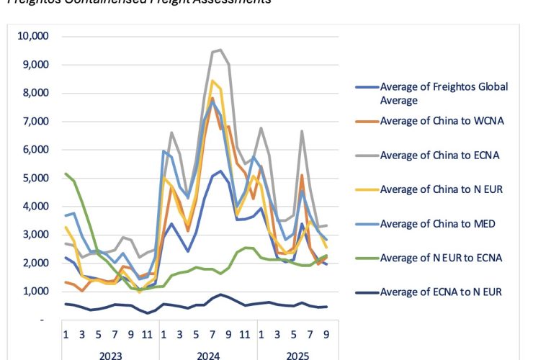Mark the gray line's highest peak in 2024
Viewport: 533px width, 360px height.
pyautogui.click(x=219, y=50)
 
